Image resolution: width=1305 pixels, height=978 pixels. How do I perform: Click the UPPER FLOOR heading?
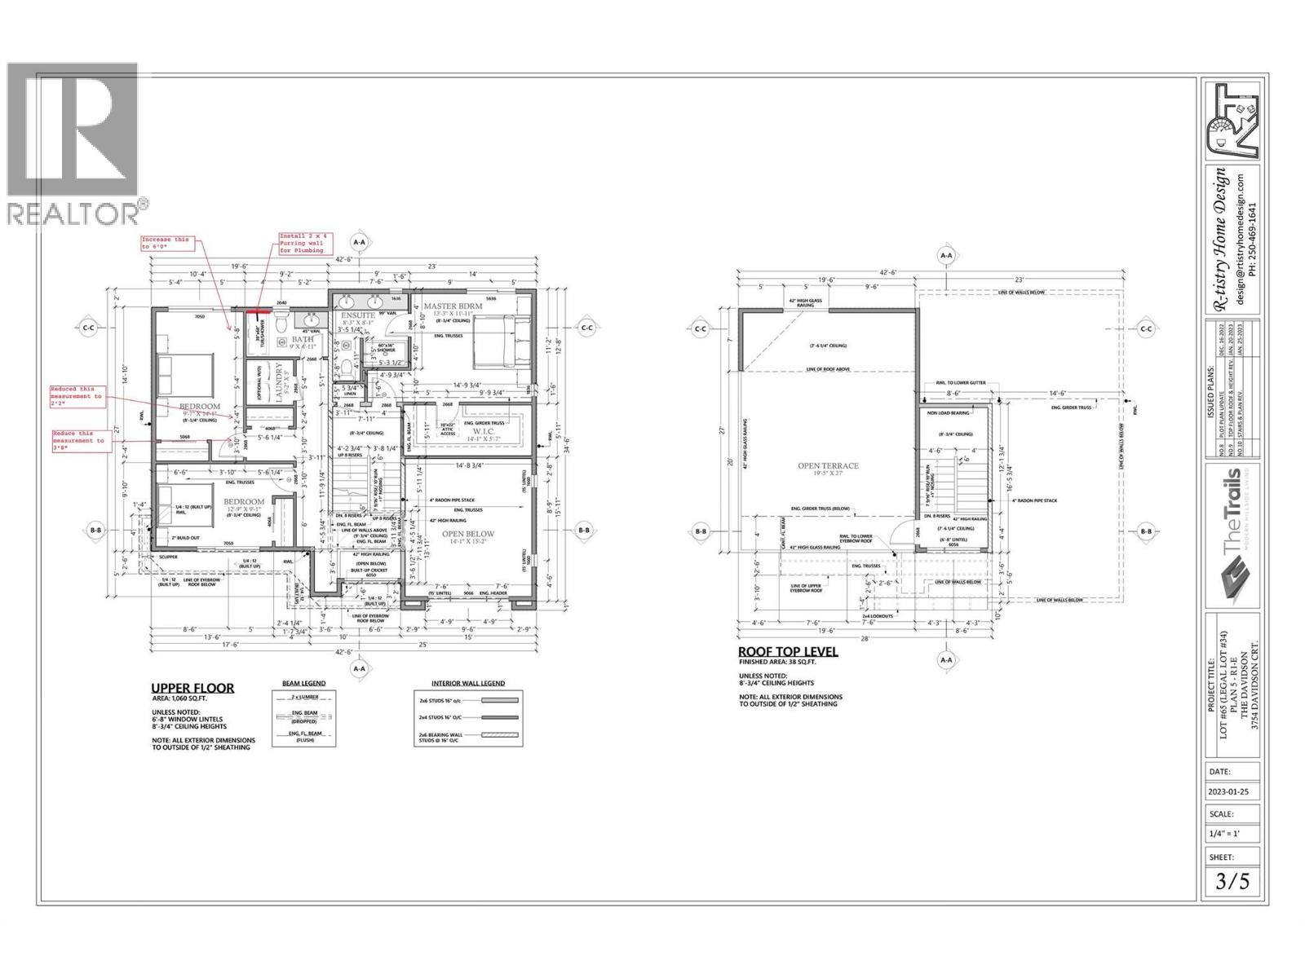pos(192,688)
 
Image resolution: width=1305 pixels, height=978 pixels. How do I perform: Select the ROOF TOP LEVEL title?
pos(787,651)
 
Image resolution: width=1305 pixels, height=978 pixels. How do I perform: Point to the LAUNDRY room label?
pos(279,382)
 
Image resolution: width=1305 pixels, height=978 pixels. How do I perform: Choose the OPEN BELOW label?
pos(469,535)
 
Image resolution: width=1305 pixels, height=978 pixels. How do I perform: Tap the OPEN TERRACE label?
pos(828,466)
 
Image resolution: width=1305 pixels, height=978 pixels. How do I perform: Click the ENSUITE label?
pos(358,315)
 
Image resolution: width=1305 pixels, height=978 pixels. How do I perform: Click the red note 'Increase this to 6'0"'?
pos(165,243)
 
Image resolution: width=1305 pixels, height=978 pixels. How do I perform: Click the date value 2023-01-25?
pos(1232,791)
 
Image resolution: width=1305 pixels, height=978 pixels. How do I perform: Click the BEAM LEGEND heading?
pos(298,683)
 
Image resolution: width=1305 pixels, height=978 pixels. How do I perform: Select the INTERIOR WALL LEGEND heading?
pos(467,683)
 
